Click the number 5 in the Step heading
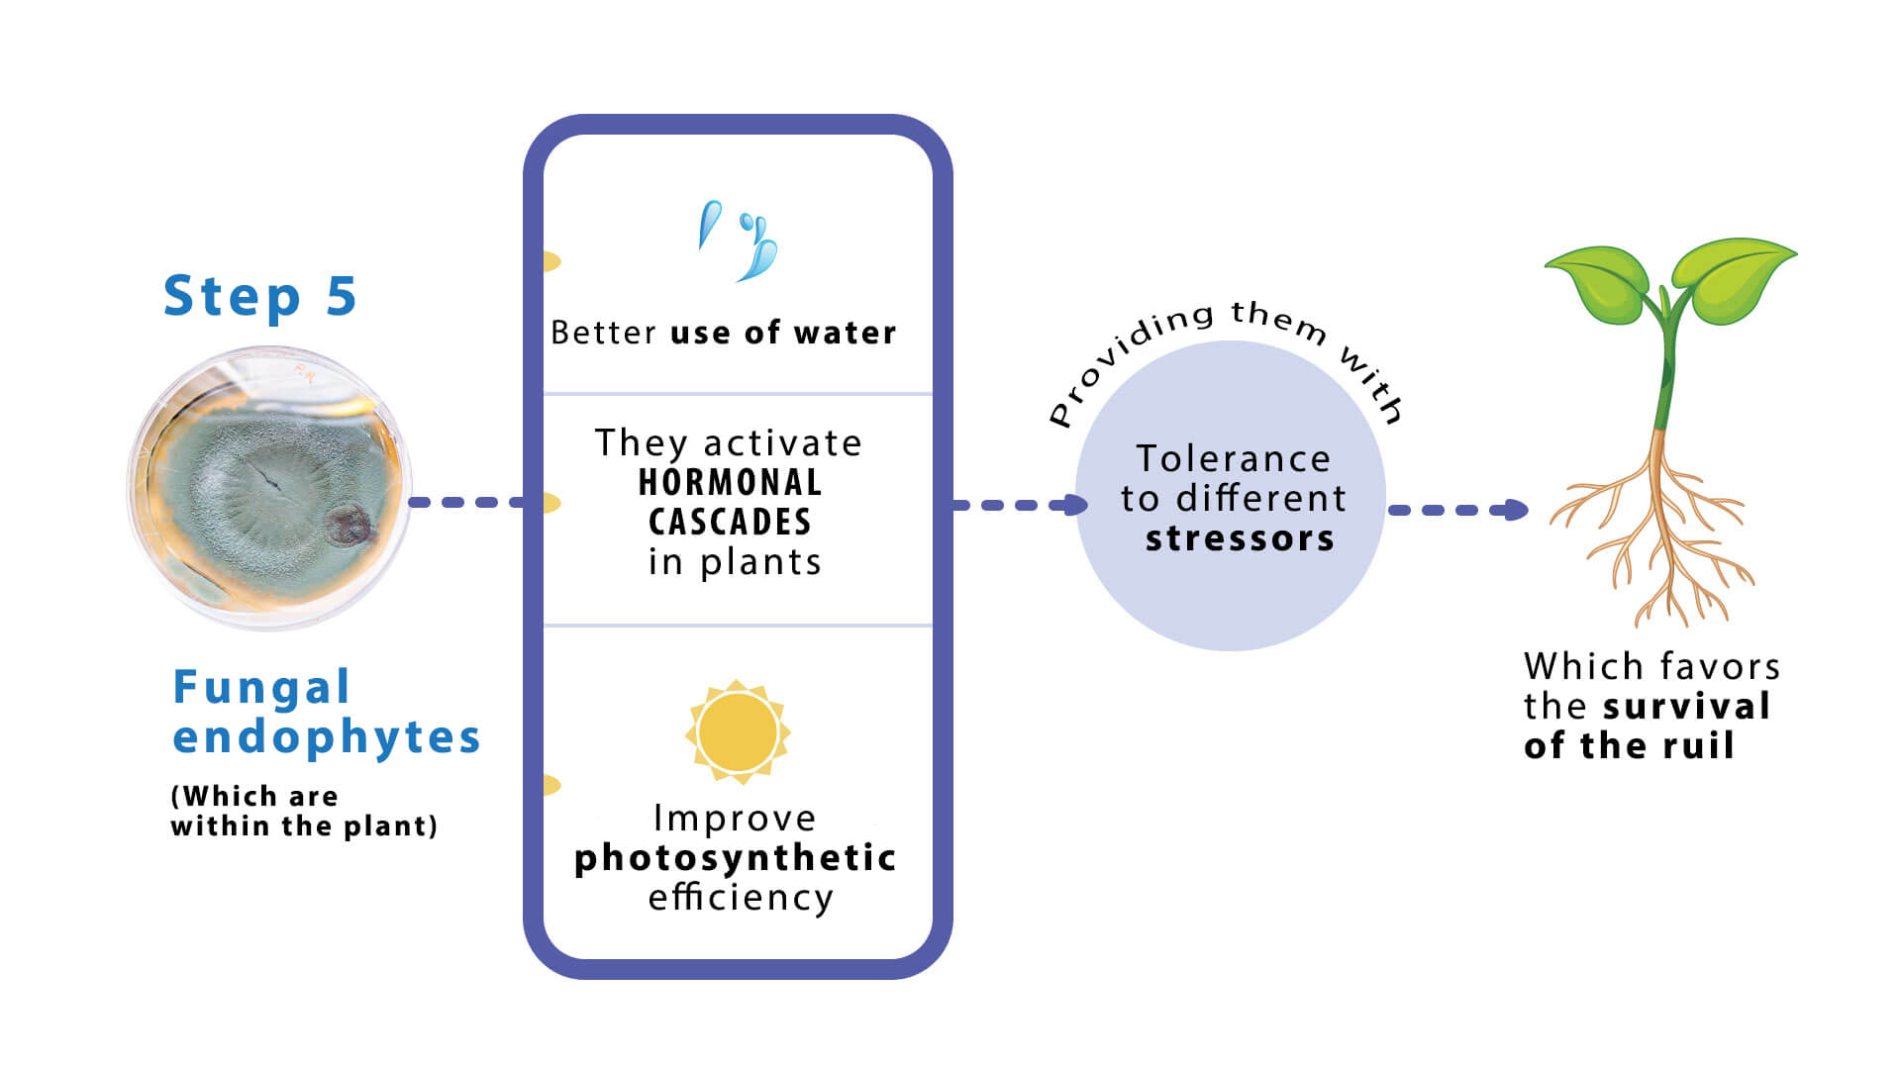[x=342, y=296]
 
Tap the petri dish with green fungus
[x=269, y=487]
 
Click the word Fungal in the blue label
[x=261, y=687]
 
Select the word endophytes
[x=327, y=737]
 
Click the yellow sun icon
[x=738, y=732]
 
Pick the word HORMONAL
[x=731, y=483]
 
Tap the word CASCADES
[x=730, y=522]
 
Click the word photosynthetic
[x=736, y=858]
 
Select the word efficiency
[x=741, y=898]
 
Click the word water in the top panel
[x=845, y=333]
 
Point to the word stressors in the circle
[x=1240, y=538]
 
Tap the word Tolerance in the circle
[x=1234, y=458]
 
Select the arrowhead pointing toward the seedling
[x=1516, y=510]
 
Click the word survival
[x=1687, y=707]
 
